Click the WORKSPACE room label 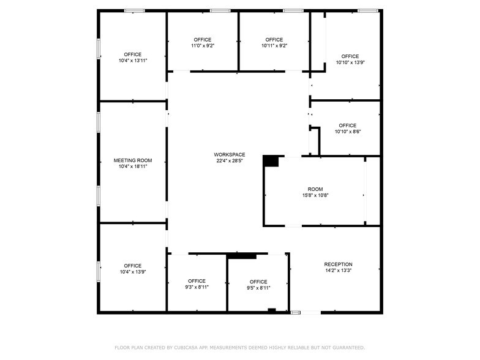click(230, 154)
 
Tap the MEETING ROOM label click(133, 160)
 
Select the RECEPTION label click(338, 264)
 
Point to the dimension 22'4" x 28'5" click(230, 161)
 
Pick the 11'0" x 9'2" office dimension click(203, 45)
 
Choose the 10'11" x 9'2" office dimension click(274, 45)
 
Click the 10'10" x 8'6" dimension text click(347, 131)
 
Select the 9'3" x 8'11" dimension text click(197, 287)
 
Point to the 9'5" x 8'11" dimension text click(258, 288)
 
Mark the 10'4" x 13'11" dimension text click(133, 60)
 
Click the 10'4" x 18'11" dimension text click(133, 166)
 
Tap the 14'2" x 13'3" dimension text click(338, 270)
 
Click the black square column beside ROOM click(271, 161)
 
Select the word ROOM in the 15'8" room click(315, 189)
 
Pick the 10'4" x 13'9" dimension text click(133, 272)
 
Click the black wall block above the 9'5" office click(241, 255)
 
